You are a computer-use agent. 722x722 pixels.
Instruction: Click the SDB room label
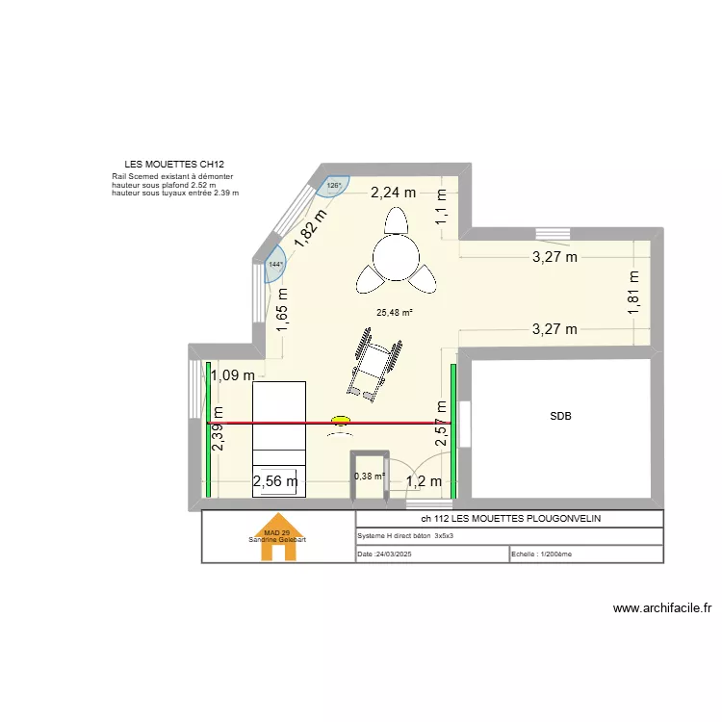click(x=561, y=417)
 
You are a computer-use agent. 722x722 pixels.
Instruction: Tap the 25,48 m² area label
click(x=395, y=312)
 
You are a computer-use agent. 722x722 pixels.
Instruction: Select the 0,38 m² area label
click(x=370, y=476)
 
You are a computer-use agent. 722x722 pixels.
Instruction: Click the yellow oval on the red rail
click(x=341, y=421)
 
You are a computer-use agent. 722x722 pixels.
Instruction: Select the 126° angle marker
click(x=334, y=186)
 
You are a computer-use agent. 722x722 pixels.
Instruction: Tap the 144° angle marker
click(x=276, y=265)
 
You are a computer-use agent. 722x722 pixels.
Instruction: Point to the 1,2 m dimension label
click(x=424, y=481)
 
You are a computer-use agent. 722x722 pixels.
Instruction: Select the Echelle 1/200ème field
click(x=542, y=554)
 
